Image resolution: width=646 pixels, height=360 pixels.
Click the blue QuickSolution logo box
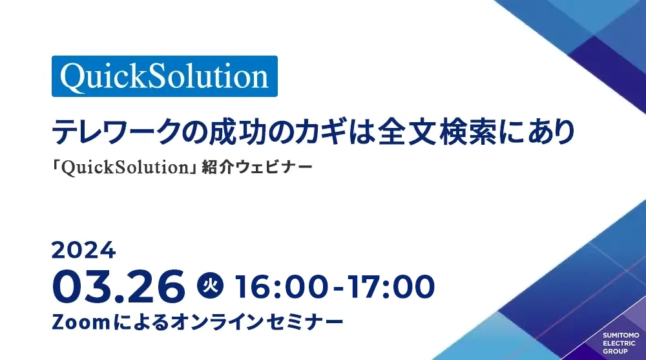(x=165, y=76)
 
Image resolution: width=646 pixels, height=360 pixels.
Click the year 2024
(x=83, y=249)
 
